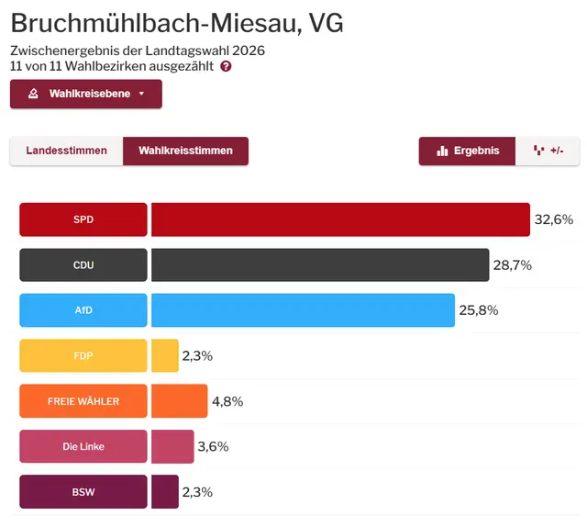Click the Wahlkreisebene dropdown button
86,94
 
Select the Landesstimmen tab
66,151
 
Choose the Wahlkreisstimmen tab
185,151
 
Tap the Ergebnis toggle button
468,151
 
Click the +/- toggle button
548,151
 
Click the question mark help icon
226,66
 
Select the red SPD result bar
340,219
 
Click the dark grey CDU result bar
320,265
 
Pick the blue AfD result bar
303,310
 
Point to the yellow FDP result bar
165,355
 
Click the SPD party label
83,219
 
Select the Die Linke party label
83,446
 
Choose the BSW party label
83,492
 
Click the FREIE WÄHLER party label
83,401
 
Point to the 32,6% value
553,219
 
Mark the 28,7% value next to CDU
513,265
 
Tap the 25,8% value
478,310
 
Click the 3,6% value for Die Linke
213,446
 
